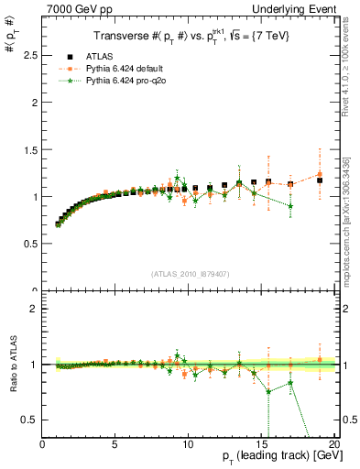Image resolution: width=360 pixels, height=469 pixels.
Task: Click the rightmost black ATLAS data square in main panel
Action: tap(320, 180)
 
